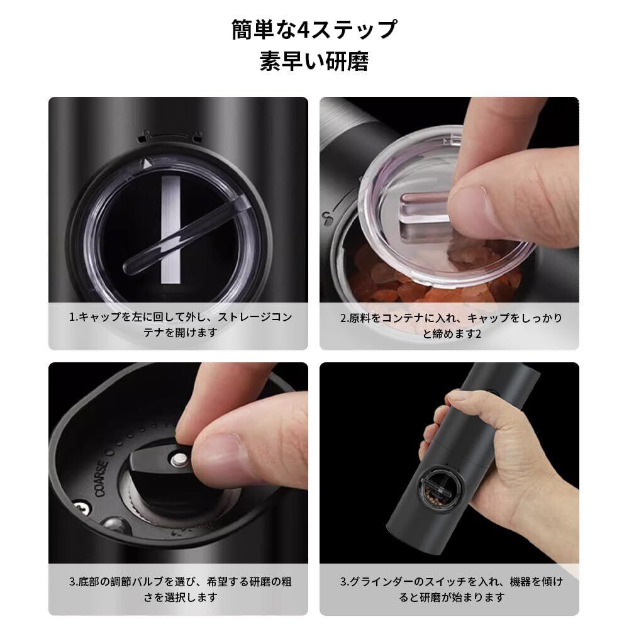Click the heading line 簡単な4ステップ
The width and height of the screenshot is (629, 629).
tap(314, 30)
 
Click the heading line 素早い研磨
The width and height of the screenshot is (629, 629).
tap(314, 61)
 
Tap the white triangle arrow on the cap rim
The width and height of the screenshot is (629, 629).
tap(147, 164)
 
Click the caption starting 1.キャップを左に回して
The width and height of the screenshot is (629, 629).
tap(180, 325)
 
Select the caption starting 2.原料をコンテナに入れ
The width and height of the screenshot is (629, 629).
tap(451, 325)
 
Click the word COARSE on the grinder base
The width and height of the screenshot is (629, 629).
tap(101, 479)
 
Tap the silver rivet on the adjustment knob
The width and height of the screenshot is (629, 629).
tap(179, 459)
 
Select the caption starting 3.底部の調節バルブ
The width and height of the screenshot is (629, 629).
tap(180, 589)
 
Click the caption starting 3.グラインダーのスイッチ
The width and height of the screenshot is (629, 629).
tap(451, 589)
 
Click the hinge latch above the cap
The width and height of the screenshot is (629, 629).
tap(169, 136)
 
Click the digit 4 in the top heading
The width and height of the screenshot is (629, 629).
tap(303, 30)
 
